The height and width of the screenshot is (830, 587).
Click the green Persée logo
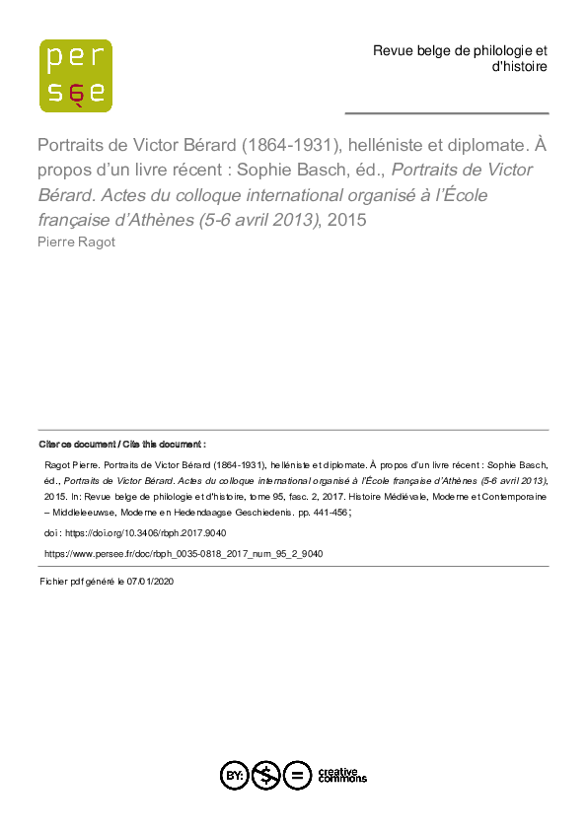coord(75,75)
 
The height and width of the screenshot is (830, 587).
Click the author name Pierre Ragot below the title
coord(76,242)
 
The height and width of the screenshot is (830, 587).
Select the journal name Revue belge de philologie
coord(460,50)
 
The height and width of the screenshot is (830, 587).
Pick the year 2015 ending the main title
coord(346,220)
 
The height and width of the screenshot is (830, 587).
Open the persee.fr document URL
coord(183,554)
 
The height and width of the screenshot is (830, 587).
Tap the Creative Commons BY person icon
coord(235,776)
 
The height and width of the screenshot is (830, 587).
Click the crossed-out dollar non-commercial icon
coord(265,776)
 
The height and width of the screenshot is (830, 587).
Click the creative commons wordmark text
coord(341,776)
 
